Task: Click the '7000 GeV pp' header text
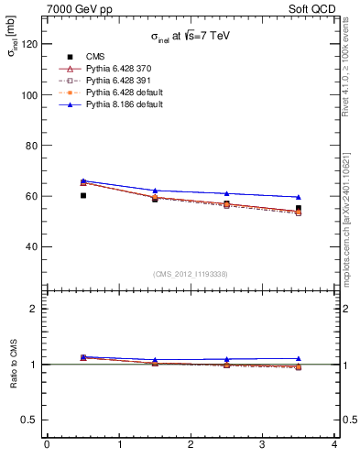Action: click(x=80, y=8)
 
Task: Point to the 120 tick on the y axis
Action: click(x=33, y=44)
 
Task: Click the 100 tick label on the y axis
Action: click(x=33, y=94)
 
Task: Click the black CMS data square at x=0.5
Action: click(x=83, y=195)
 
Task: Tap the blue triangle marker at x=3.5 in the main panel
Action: click(x=299, y=197)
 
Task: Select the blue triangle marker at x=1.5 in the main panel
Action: click(x=155, y=191)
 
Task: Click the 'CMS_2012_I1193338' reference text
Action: click(x=191, y=274)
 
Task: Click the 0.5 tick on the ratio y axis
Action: click(x=33, y=420)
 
